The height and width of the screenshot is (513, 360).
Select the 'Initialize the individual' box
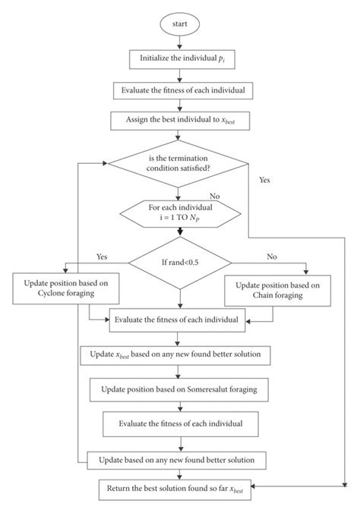pyautogui.click(x=179, y=58)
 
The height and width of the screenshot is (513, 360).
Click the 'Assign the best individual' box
pyautogui.click(x=179, y=119)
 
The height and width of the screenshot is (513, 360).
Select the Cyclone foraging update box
pyautogui.click(x=51, y=289)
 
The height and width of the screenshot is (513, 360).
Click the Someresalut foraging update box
pyautogui.click(x=179, y=389)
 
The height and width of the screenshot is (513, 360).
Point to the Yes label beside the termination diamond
pyautogui.click(x=265, y=181)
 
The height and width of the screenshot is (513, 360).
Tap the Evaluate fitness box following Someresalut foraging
pyautogui.click(x=179, y=423)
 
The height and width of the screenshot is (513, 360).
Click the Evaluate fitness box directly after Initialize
pyautogui.click(x=179, y=89)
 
